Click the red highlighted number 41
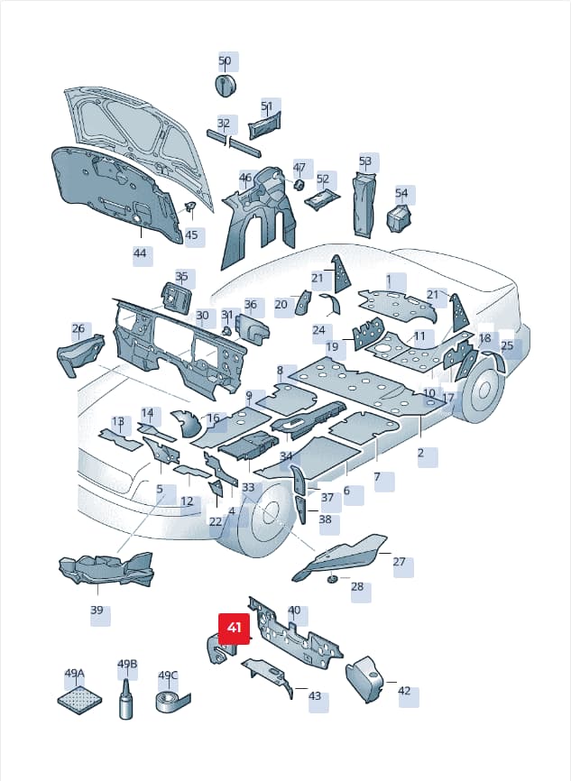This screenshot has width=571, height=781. click(234, 628)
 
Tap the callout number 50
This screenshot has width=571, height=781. click(225, 60)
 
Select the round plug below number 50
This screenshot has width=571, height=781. click(226, 84)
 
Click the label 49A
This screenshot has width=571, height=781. click(74, 674)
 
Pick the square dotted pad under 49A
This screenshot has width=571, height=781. click(79, 700)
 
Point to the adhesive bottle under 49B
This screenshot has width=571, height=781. click(126, 699)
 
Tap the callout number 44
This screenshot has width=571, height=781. click(140, 253)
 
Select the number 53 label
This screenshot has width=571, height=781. click(365, 161)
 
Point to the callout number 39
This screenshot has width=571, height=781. click(97, 611)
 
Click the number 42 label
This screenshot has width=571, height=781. click(404, 691)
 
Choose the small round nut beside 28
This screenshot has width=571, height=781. click(331, 578)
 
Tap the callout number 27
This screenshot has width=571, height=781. click(399, 562)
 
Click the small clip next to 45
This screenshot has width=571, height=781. click(189, 207)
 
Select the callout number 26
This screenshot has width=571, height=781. click(78, 328)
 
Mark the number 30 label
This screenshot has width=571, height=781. click(202, 316)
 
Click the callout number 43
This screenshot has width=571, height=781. click(315, 695)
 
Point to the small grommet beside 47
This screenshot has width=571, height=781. click(299, 185)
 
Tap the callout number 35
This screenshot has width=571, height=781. click(181, 277)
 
